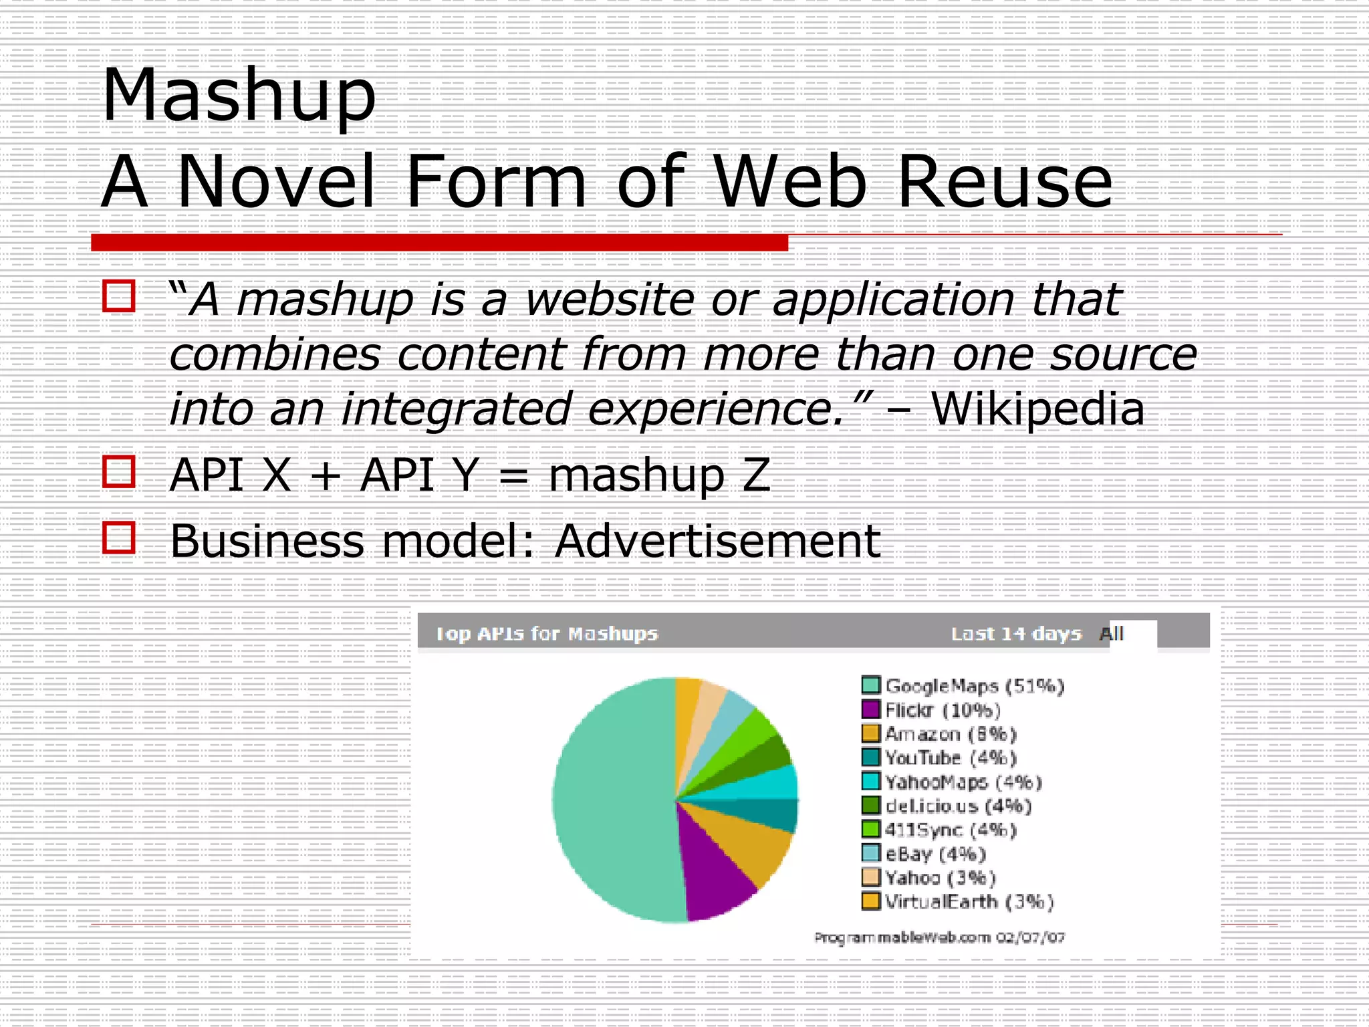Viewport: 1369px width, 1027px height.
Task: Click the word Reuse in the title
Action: [x=1005, y=182]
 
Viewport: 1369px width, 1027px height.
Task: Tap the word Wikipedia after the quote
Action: [x=1037, y=409]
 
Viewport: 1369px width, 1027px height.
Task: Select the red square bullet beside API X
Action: [x=119, y=472]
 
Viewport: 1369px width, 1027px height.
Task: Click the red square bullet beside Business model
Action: [x=119, y=538]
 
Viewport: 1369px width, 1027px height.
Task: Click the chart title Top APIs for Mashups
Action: [x=547, y=633]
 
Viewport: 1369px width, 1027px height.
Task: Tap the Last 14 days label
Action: [x=1015, y=633]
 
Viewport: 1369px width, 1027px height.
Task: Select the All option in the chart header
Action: [x=1112, y=633]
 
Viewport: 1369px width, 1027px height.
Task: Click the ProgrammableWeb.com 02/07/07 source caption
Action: [x=939, y=937]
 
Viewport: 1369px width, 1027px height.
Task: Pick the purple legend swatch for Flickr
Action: [x=870, y=709]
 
